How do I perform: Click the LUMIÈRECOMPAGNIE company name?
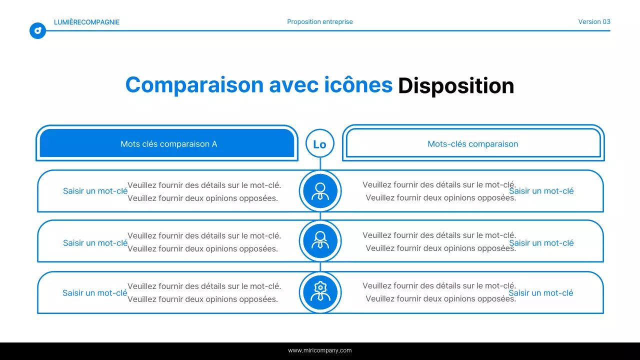[86, 22]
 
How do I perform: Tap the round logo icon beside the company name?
[37, 30]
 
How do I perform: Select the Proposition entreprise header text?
[320, 22]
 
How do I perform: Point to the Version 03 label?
[594, 22]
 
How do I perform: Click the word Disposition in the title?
[455, 85]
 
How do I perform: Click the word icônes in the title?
[358, 84]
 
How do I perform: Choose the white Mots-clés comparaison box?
[473, 143]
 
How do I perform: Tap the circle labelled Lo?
[319, 144]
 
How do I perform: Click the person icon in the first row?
[320, 191]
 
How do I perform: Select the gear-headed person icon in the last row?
[320, 292]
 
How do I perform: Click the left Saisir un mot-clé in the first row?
[95, 191]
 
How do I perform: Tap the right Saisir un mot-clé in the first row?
[541, 191]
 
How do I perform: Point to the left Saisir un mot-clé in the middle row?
[95, 243]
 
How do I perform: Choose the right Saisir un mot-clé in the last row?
[541, 293]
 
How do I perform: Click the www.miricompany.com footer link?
[320, 350]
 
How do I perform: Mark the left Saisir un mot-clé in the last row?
[94, 293]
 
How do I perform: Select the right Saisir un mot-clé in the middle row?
[541, 243]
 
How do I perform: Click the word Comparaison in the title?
[194, 84]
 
